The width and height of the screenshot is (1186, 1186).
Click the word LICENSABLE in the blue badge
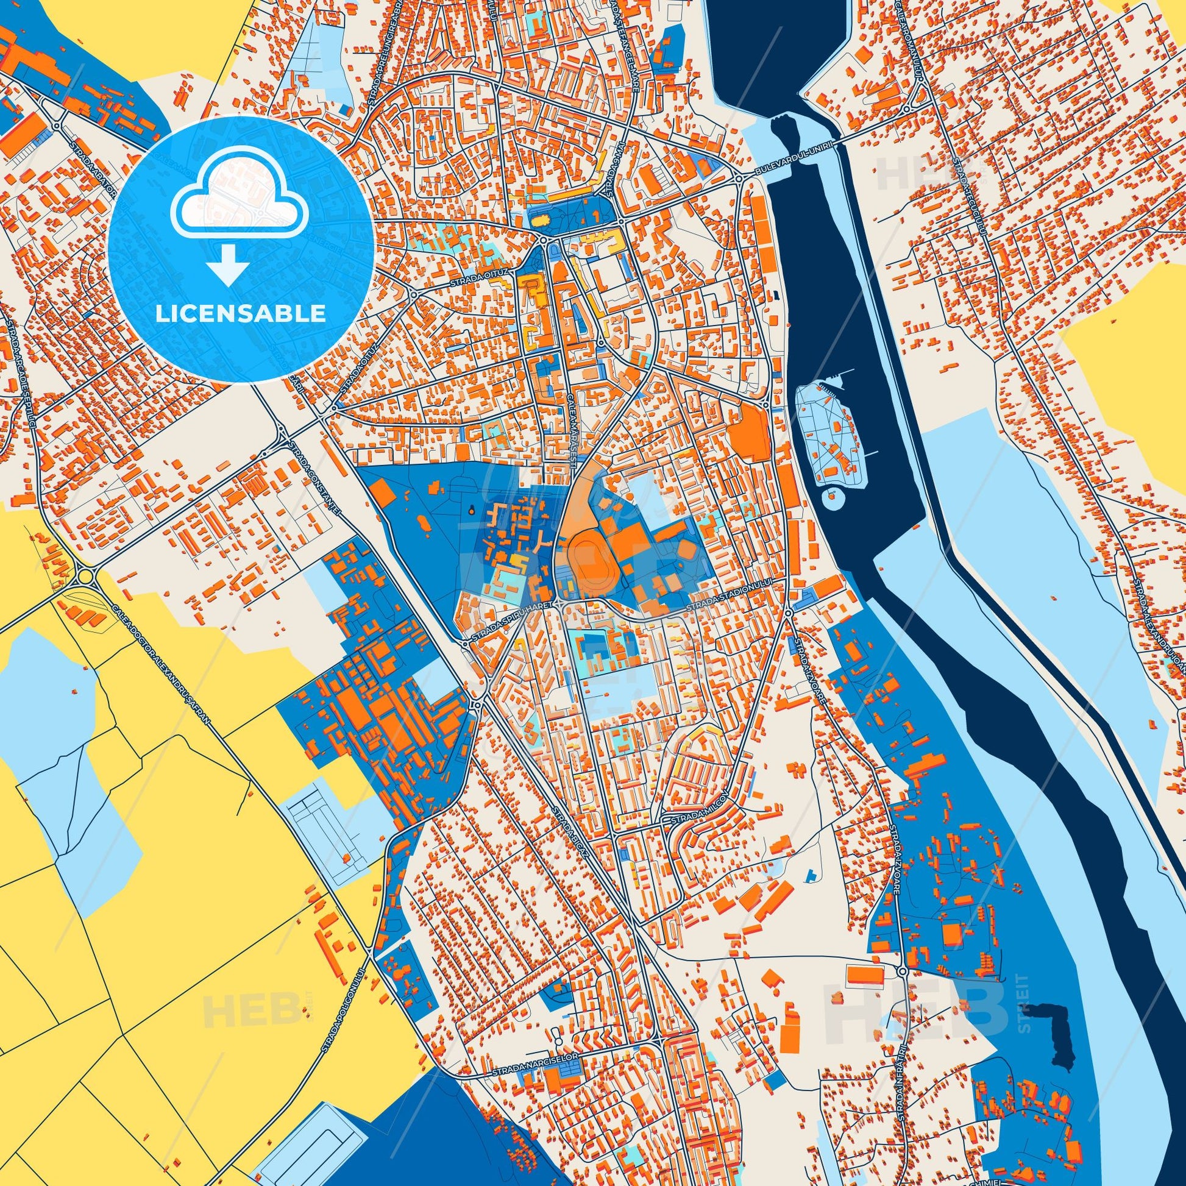click(241, 314)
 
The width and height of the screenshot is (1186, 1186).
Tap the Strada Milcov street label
click(694, 820)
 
